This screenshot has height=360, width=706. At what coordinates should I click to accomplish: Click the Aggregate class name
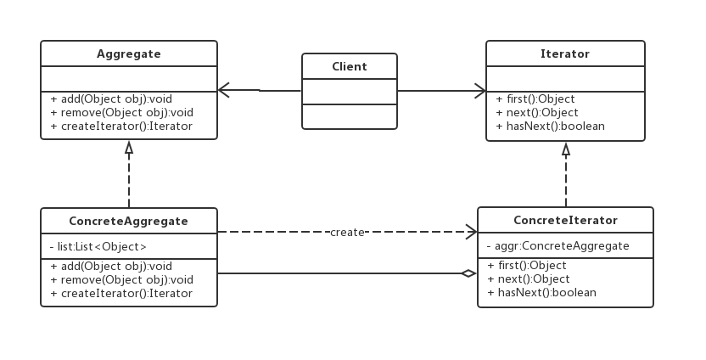128,53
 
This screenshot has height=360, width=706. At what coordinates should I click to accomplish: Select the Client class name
349,66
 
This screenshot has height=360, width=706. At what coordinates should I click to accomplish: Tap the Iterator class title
564,53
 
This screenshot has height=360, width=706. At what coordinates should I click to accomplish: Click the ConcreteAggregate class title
128,221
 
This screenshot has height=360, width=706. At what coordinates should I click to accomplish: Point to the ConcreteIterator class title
565,220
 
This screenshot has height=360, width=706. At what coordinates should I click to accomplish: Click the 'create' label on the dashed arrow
347,232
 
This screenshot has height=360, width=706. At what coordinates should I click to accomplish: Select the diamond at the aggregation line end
468,273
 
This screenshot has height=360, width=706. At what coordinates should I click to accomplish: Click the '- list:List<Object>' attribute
98,247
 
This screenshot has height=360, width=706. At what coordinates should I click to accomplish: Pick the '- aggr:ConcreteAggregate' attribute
558,245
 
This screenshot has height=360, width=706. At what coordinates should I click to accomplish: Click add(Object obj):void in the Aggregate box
111,98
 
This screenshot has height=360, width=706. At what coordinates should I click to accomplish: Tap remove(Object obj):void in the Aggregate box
121,112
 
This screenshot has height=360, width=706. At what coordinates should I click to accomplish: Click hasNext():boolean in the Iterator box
550,126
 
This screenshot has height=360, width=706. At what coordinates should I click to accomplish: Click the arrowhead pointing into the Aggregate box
224,89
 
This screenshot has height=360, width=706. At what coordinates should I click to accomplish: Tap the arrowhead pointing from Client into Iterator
479,90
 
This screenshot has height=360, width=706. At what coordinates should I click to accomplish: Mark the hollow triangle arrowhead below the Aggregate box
129,148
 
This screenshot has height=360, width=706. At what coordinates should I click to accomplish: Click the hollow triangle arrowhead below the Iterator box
566,149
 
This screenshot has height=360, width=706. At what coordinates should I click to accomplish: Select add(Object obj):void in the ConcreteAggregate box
111,266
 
